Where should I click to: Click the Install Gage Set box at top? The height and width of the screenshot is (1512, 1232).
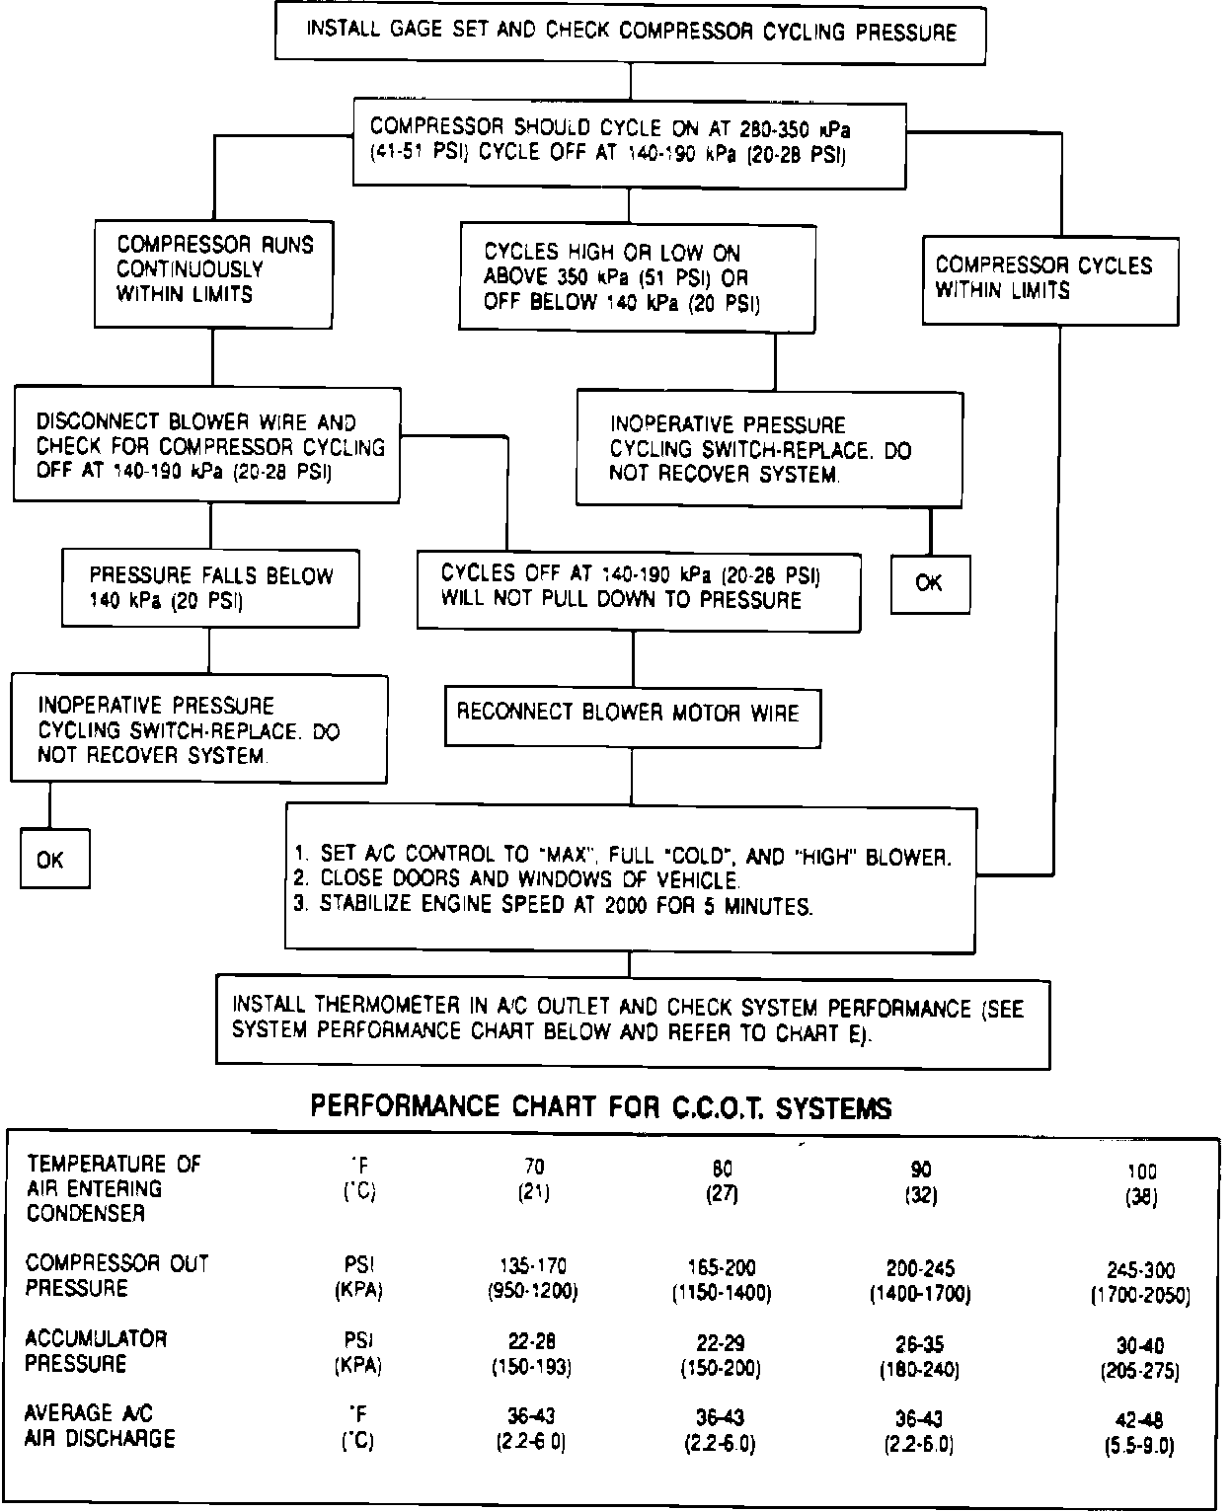click(x=632, y=33)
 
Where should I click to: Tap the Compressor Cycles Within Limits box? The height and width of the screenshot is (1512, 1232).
click(x=1049, y=279)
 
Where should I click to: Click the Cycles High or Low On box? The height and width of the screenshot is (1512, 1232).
click(x=638, y=277)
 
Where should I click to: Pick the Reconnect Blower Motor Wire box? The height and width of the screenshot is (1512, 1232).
click(x=632, y=714)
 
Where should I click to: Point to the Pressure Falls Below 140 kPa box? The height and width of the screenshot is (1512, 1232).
click(x=210, y=588)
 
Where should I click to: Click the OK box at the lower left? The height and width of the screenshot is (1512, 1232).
click(x=55, y=860)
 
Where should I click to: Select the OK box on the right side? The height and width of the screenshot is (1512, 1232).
click(x=930, y=583)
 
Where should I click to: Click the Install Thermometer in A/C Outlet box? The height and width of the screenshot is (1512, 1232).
click(x=632, y=1021)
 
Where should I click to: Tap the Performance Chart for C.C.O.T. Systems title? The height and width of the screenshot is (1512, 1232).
click(x=601, y=1107)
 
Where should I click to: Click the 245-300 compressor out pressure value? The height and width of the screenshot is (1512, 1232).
click(x=1140, y=1270)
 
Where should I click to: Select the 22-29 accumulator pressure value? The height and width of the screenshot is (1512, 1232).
click(x=721, y=1343)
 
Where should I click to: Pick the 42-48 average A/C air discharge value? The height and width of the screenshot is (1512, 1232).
click(x=1139, y=1421)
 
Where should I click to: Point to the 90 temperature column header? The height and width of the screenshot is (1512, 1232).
click(x=919, y=1170)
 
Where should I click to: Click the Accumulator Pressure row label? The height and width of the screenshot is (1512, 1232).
click(x=97, y=1351)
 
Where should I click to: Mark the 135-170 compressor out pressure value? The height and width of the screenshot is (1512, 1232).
click(x=533, y=1266)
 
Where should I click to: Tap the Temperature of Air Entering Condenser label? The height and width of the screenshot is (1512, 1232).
click(x=114, y=1188)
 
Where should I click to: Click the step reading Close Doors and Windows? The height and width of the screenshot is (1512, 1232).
click(x=530, y=879)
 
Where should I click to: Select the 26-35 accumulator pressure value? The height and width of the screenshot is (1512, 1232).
click(x=919, y=1344)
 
